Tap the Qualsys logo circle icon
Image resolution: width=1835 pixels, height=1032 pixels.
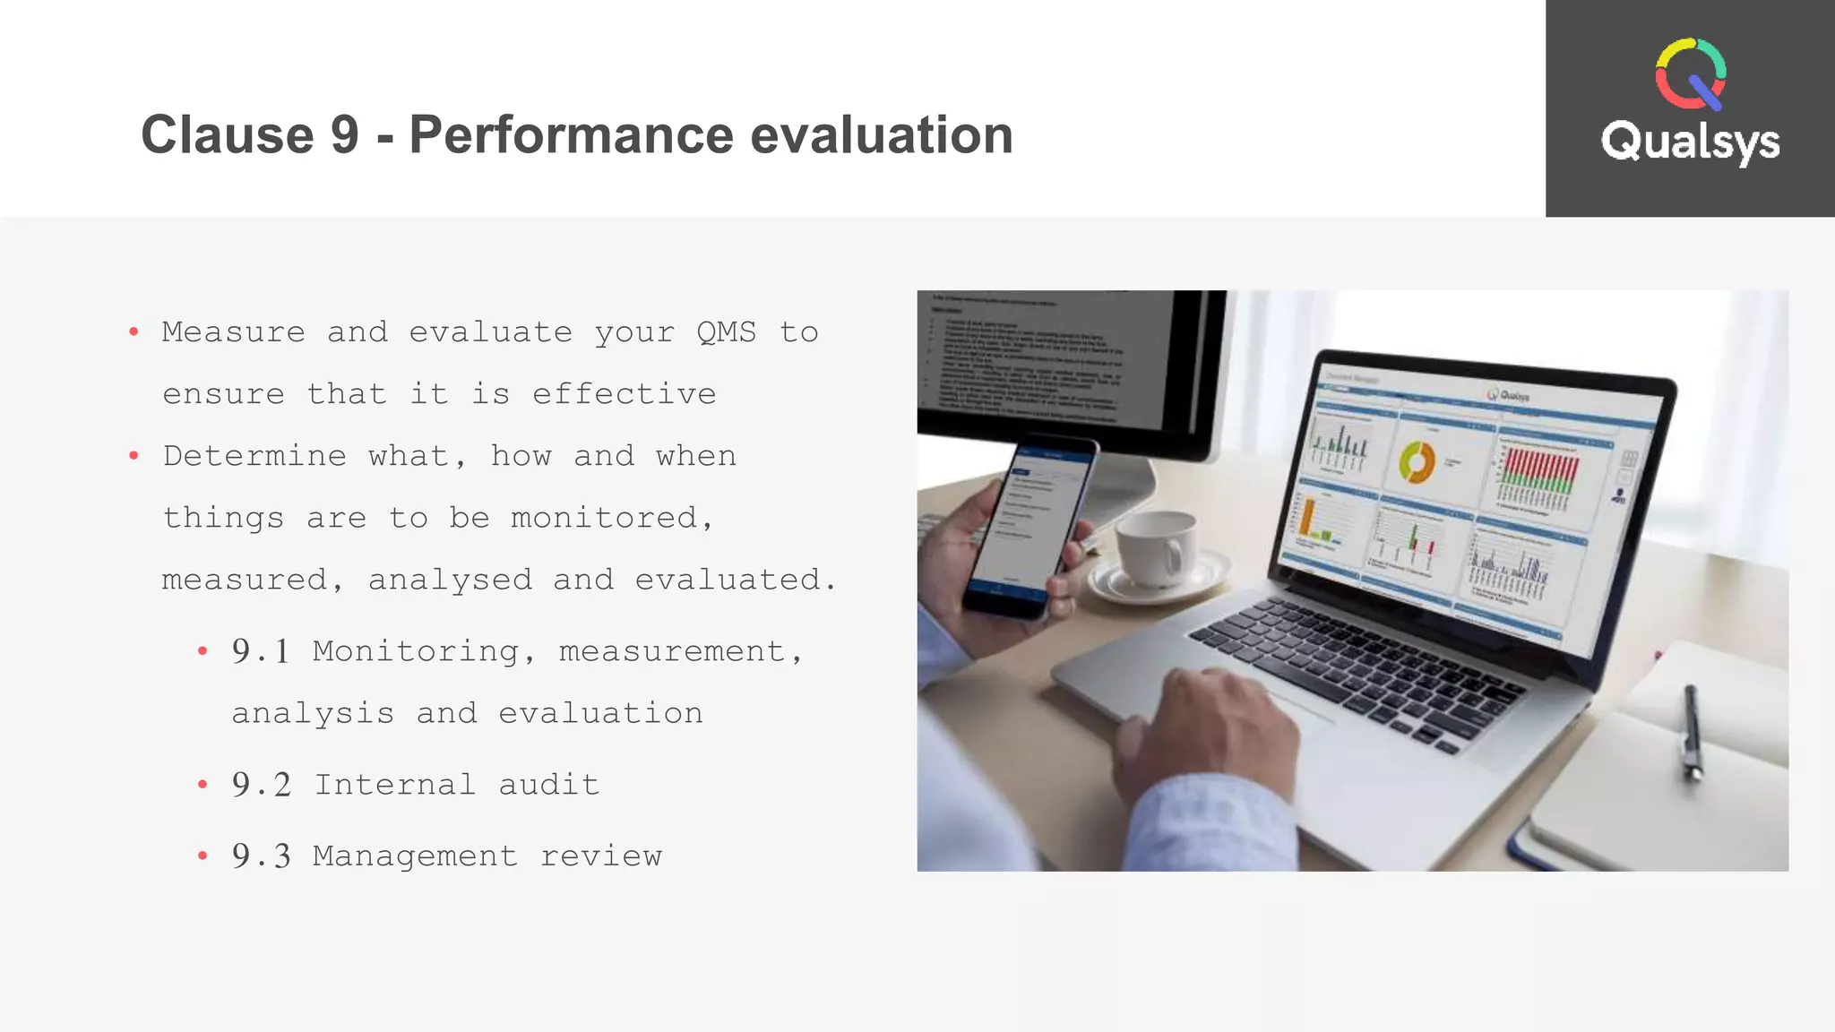(1690, 73)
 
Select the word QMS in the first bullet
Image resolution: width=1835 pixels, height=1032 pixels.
(726, 332)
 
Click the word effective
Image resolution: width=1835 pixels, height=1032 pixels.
(624, 394)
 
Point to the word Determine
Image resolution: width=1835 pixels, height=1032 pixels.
(254, 456)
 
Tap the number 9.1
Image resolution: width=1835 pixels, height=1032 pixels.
(261, 651)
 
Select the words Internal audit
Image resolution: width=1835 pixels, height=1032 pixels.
(456, 785)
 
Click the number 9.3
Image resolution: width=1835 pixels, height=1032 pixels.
(261, 856)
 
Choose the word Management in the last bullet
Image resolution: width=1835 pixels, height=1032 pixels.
(415, 856)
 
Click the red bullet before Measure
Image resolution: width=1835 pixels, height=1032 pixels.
(134, 332)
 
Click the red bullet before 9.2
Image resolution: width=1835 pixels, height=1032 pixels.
(202, 785)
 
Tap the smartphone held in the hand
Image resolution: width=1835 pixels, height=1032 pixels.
(1030, 529)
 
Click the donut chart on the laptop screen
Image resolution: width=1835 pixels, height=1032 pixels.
(1417, 462)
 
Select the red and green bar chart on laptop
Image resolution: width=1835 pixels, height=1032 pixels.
(1539, 472)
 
